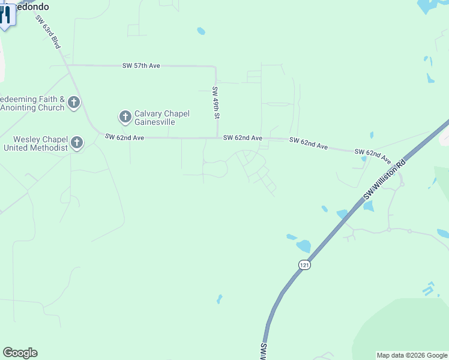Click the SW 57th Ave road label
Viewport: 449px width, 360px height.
click(140, 65)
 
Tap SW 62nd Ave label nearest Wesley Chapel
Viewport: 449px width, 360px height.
click(124, 137)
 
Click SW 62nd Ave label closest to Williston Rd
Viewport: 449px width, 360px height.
click(372, 155)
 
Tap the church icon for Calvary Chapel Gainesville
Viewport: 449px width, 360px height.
click(125, 116)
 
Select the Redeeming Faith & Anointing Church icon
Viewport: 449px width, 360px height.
click(74, 103)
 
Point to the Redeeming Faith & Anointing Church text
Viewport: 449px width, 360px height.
click(32, 103)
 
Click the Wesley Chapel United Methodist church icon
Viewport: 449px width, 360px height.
click(77, 143)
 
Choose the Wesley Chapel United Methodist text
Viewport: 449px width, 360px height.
click(35, 144)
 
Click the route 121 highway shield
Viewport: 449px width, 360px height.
click(305, 265)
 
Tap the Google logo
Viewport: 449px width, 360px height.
click(20, 353)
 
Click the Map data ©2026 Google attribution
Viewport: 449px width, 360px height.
click(412, 355)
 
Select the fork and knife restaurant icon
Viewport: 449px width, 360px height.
click(6, 14)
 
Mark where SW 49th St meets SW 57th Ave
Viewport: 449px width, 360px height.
click(215, 66)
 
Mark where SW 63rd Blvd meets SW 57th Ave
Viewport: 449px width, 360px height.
click(66, 65)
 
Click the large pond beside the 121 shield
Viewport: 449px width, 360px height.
click(304, 245)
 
